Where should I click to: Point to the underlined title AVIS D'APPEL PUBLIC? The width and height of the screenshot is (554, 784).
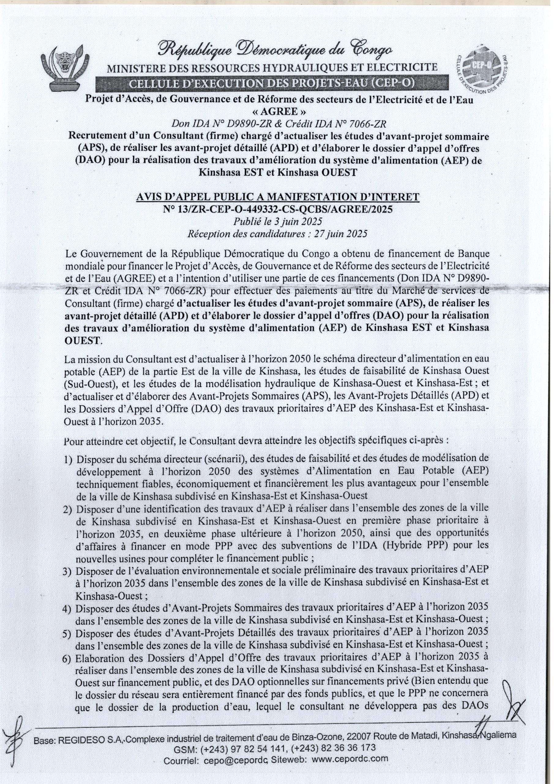[x=278, y=197]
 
